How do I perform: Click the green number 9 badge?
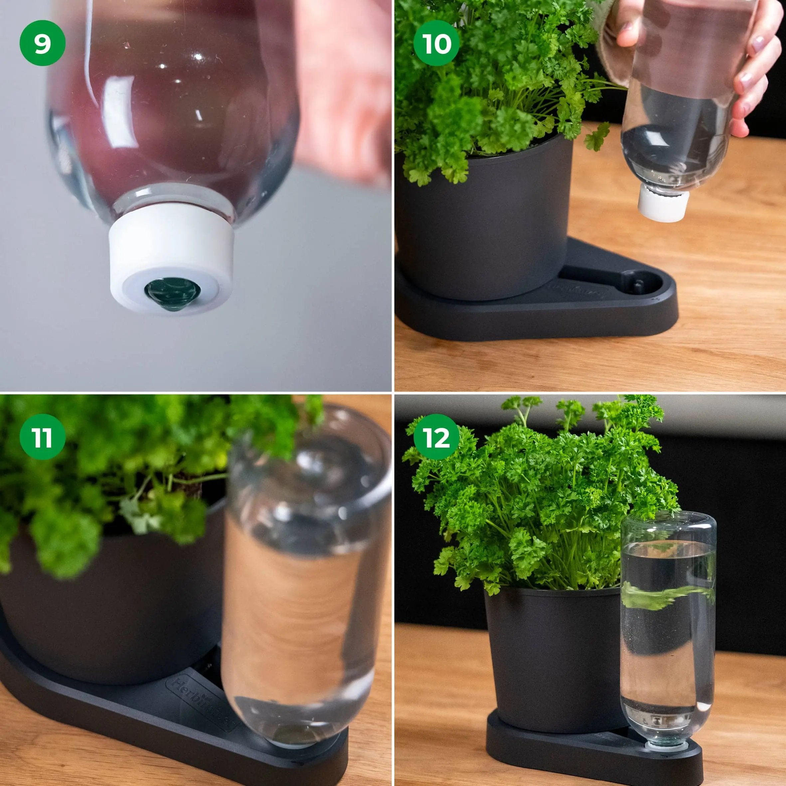[x=42, y=43]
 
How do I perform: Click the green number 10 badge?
[x=437, y=43]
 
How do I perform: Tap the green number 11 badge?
[x=42, y=437]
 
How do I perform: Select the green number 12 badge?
[x=437, y=437]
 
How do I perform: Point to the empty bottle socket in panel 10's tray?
[x=638, y=285]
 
